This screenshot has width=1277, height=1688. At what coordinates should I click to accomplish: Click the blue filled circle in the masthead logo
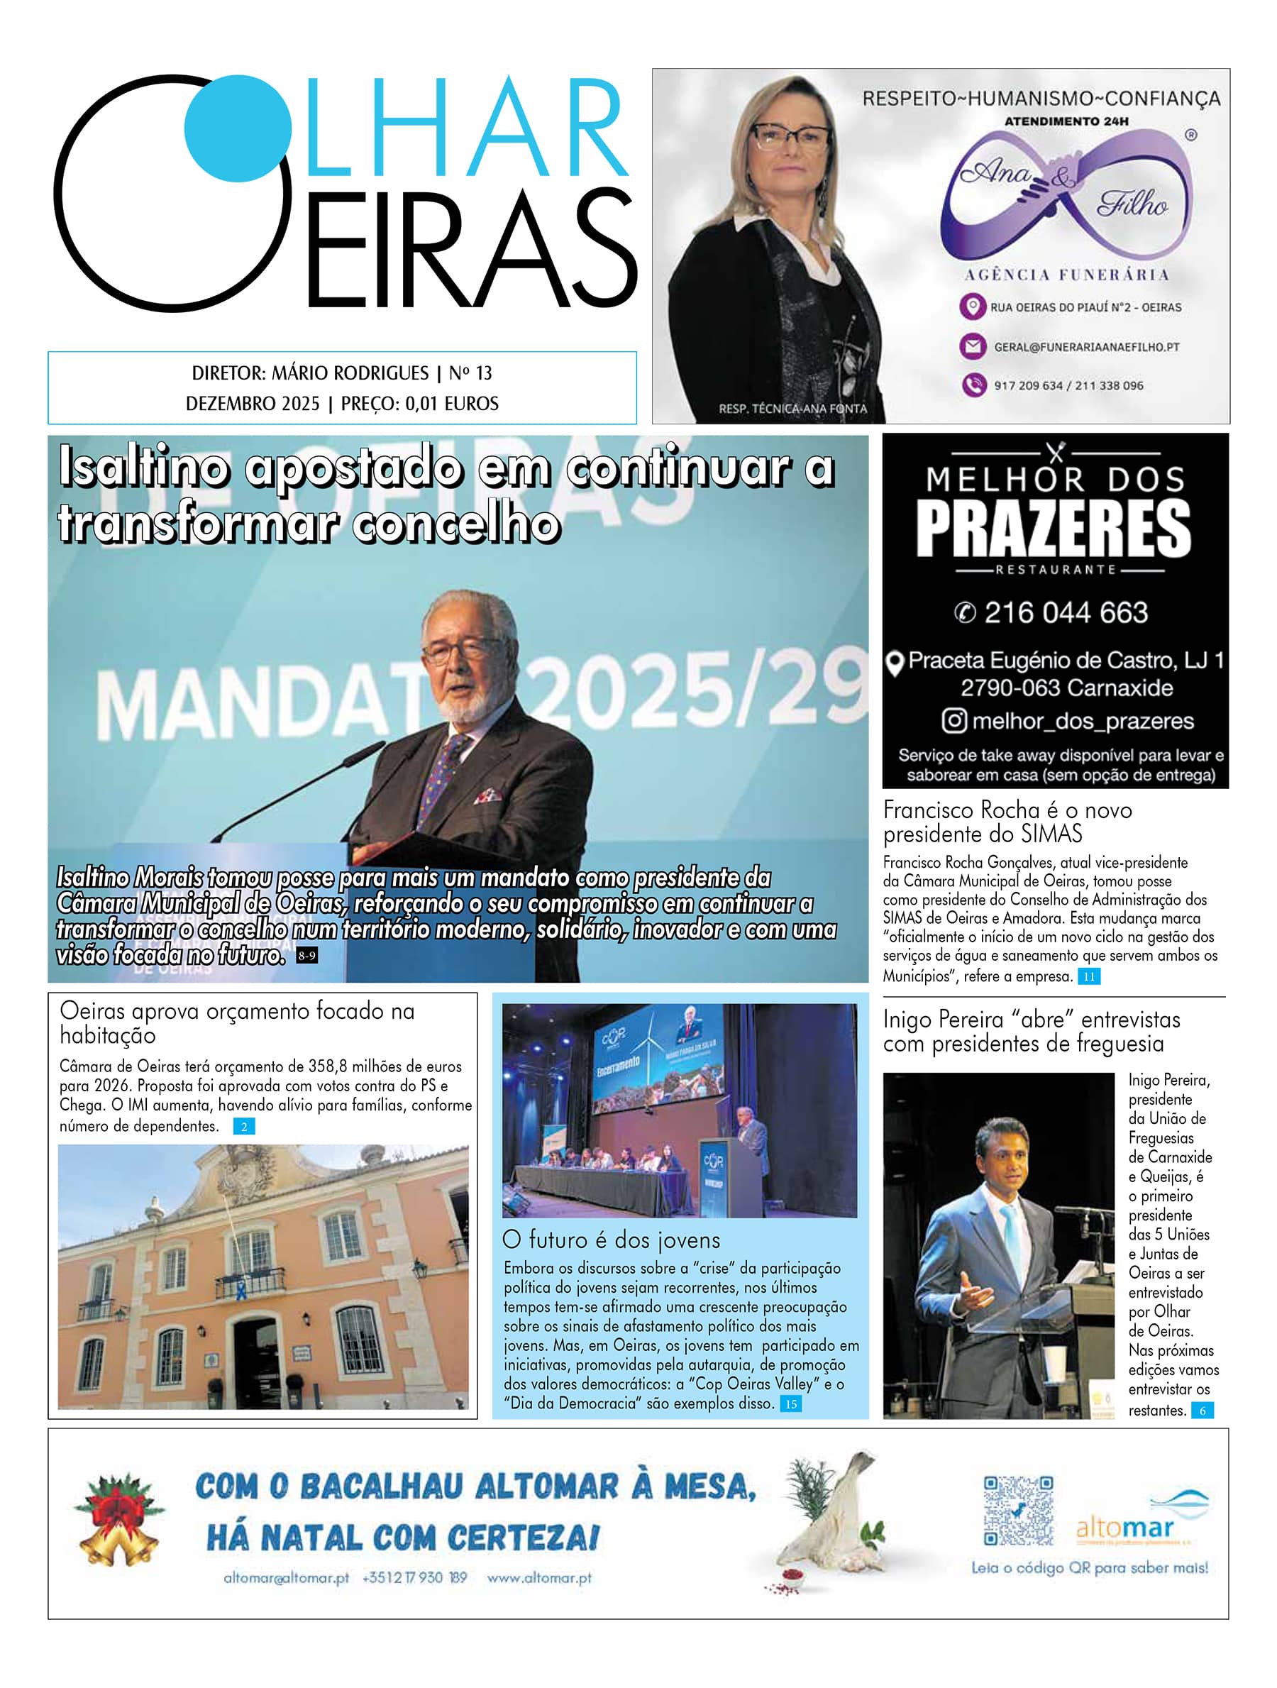pos(237,128)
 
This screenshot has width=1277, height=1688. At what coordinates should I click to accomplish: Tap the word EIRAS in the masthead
pos(472,250)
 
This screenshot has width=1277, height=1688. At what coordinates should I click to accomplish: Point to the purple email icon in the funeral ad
pos(972,346)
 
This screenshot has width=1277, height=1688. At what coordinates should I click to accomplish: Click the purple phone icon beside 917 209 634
pos(973,385)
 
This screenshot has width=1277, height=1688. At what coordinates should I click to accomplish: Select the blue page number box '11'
pos(1088,976)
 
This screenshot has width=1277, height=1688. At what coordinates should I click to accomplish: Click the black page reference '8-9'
pos(306,956)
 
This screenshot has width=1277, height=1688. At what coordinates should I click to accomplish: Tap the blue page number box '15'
pos(790,1403)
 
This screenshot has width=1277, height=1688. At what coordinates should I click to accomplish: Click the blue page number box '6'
pos(1203,1411)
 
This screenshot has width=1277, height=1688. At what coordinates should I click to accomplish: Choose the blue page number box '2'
pos(244,1126)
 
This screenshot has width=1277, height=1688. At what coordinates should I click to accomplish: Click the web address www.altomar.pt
pos(538,1577)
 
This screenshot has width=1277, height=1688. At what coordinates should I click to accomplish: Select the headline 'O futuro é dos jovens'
pos(610,1240)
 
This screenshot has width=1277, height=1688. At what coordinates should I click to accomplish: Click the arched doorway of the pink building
pos(256,1359)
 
